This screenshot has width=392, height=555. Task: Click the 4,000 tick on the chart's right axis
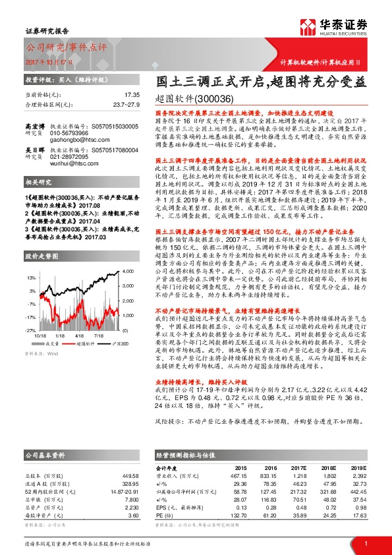[128, 272]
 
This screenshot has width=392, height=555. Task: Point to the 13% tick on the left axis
[31, 278]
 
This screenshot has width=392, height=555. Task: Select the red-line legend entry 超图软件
[84, 343]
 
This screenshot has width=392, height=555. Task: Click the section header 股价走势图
[42, 254]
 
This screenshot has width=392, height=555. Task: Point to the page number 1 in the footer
[366, 542]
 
